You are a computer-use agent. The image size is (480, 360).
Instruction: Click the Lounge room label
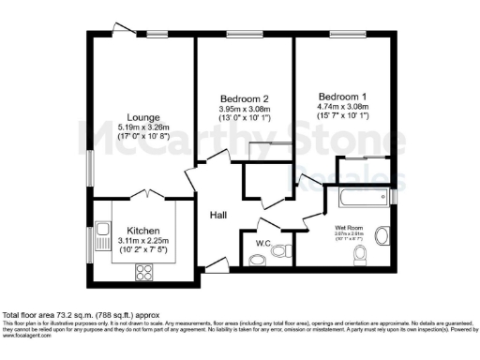point(143,118)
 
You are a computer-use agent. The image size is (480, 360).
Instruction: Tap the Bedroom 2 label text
point(245,98)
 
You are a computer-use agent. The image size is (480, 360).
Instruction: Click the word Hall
point(217,216)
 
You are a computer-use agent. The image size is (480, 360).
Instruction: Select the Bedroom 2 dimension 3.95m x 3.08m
point(245,108)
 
